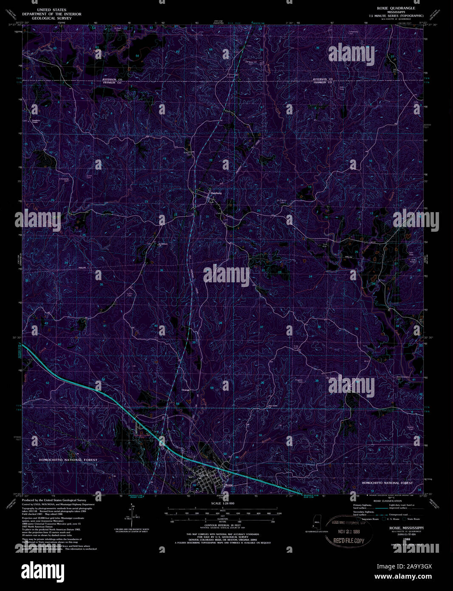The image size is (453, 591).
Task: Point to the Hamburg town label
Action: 216,193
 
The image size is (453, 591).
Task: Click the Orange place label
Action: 186,390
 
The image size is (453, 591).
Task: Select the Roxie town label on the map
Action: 229,485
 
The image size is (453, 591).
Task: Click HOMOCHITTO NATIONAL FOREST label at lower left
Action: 68,460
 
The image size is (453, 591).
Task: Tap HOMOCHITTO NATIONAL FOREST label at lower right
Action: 387,483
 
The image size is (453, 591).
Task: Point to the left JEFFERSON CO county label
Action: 112,80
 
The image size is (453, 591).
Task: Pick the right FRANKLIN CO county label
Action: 323,82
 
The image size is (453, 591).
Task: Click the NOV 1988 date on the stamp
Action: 349,531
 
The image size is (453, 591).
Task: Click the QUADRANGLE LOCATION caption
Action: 316,531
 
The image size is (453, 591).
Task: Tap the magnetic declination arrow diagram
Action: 131,514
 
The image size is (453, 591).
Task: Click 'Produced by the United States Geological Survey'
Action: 54,500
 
